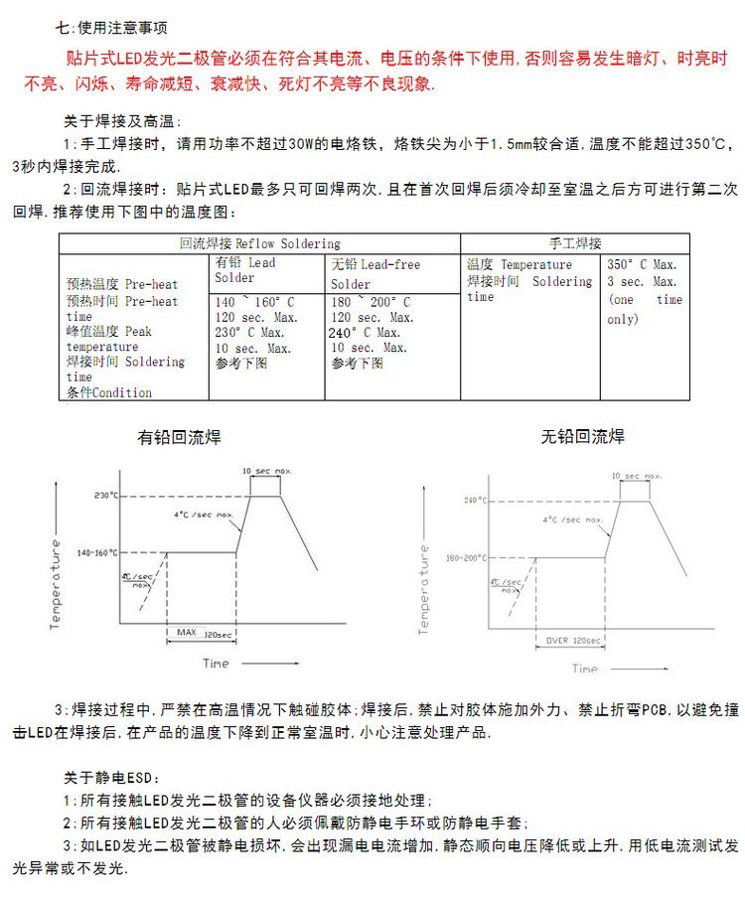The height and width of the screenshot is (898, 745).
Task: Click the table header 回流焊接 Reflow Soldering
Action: coord(259,243)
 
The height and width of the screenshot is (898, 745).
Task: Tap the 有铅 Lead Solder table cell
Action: coord(245,270)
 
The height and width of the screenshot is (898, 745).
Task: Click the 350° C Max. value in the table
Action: coord(642,265)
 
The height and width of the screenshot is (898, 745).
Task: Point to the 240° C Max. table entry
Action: coord(366,333)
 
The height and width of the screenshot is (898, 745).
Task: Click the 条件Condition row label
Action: coord(109,392)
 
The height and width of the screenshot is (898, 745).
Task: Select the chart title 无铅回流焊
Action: coord(583,437)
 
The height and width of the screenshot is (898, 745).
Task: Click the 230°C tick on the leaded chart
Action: coord(106,495)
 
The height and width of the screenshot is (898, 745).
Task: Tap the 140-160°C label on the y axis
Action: coord(97,552)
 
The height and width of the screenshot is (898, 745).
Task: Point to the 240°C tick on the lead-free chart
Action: coord(474,501)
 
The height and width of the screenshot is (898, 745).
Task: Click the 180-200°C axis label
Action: coord(466,558)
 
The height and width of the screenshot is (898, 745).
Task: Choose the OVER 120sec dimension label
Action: coord(570,640)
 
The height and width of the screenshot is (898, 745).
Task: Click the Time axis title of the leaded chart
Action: coord(216,663)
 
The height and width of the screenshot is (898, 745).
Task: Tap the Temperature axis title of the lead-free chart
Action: coord(424,589)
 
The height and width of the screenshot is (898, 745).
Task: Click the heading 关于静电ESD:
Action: coord(111,777)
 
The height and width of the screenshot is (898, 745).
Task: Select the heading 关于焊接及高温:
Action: coord(119,121)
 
